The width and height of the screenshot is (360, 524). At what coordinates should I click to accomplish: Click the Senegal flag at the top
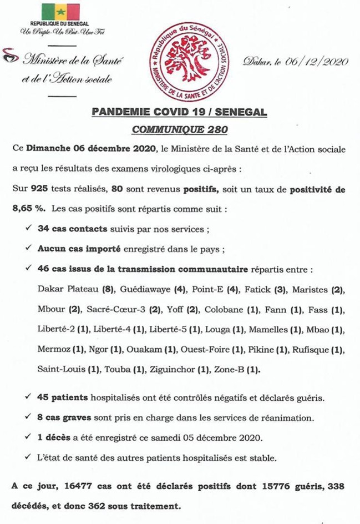[60, 12]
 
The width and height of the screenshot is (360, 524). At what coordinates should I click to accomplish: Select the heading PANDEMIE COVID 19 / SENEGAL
[179, 113]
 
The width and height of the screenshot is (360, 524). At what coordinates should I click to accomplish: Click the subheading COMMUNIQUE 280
[179, 130]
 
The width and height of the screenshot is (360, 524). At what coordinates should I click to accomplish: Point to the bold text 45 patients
[62, 398]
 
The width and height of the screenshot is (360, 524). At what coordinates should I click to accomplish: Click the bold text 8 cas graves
[64, 418]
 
